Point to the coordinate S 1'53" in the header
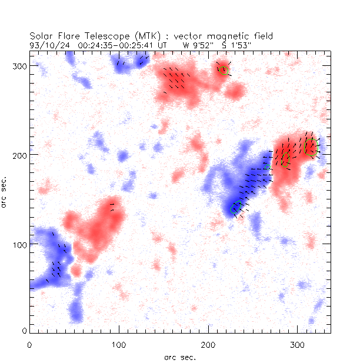click(238, 45)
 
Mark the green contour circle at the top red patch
click(223, 71)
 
